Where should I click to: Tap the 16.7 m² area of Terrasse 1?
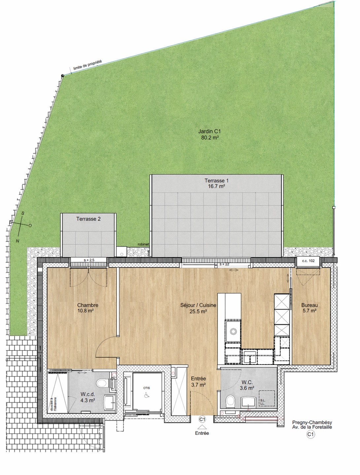tap(216, 186)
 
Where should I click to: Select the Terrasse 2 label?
tap(88, 219)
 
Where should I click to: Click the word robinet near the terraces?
tap(143, 244)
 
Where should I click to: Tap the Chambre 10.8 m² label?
tap(87, 308)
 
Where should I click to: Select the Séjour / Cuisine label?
tap(198, 305)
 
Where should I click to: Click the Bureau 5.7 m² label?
tap(309, 308)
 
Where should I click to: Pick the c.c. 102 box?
tap(308, 261)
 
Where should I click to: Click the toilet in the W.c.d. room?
tap(102, 383)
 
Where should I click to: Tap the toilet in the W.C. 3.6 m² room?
tap(230, 401)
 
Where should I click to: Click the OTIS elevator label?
tap(147, 388)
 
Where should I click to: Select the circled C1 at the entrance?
tap(202, 419)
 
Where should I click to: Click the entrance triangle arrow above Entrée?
tap(202, 427)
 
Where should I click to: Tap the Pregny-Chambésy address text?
tap(312, 425)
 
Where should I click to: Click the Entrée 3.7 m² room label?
tap(198, 382)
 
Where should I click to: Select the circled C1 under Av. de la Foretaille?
tap(311, 434)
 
